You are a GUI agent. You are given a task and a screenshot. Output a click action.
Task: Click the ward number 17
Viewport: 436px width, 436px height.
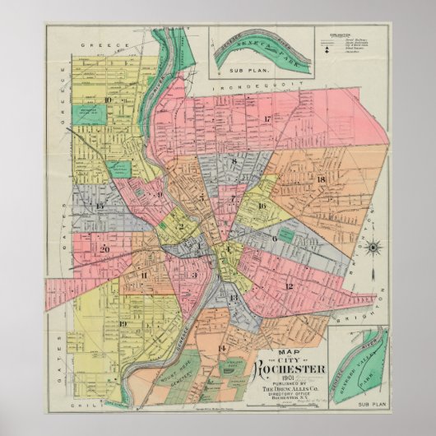click(267, 120)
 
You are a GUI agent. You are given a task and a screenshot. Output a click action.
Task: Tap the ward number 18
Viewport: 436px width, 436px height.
click(321, 180)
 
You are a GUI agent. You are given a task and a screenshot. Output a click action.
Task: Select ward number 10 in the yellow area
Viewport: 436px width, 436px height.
click(108, 100)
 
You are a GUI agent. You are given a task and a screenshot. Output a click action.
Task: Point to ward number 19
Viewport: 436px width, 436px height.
click(123, 323)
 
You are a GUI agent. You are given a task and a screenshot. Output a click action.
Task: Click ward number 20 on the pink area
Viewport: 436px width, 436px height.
click(104, 248)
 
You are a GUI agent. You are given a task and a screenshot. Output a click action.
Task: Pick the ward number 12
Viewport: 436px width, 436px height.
click(289, 285)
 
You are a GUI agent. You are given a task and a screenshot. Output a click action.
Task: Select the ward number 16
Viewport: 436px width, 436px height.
click(262, 206)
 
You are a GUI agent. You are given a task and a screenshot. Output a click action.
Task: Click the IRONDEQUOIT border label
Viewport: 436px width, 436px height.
click(244, 86)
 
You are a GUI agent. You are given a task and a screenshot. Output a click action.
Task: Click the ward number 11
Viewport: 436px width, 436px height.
click(143, 276)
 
